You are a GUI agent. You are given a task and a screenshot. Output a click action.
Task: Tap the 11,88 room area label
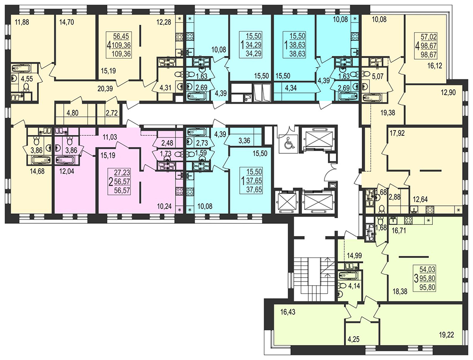[22, 22]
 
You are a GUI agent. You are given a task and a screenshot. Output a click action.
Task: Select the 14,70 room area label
[67, 22]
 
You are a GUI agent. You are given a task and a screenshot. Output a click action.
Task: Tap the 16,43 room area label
[288, 312]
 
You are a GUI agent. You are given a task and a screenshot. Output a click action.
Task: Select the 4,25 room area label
[353, 339]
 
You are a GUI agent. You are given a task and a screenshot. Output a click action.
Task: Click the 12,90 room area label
[448, 93]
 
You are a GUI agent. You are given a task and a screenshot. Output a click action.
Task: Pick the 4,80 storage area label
[72, 114]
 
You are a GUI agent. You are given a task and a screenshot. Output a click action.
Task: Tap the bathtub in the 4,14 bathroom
[348, 275]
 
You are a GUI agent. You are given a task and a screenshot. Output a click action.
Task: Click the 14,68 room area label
[37, 171]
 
